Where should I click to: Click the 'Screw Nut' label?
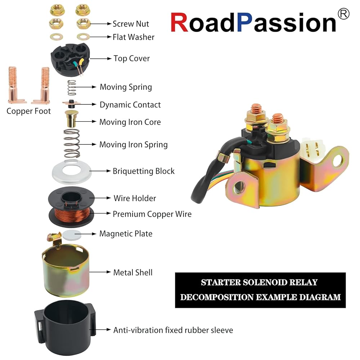tap(131, 24)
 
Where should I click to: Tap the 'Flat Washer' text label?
tap(134, 37)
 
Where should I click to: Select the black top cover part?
tap(70, 59)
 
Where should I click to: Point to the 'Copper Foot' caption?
tap(28, 111)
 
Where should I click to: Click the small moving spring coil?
tap(72, 87)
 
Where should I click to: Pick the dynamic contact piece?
tap(71, 104)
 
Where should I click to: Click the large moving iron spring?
tap(72, 144)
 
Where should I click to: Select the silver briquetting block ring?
tap(72, 172)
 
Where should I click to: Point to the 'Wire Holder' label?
tap(135, 198)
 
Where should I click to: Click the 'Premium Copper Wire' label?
tap(152, 214)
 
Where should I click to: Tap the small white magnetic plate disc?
tap(72, 235)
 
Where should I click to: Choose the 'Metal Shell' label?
tap(133, 273)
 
